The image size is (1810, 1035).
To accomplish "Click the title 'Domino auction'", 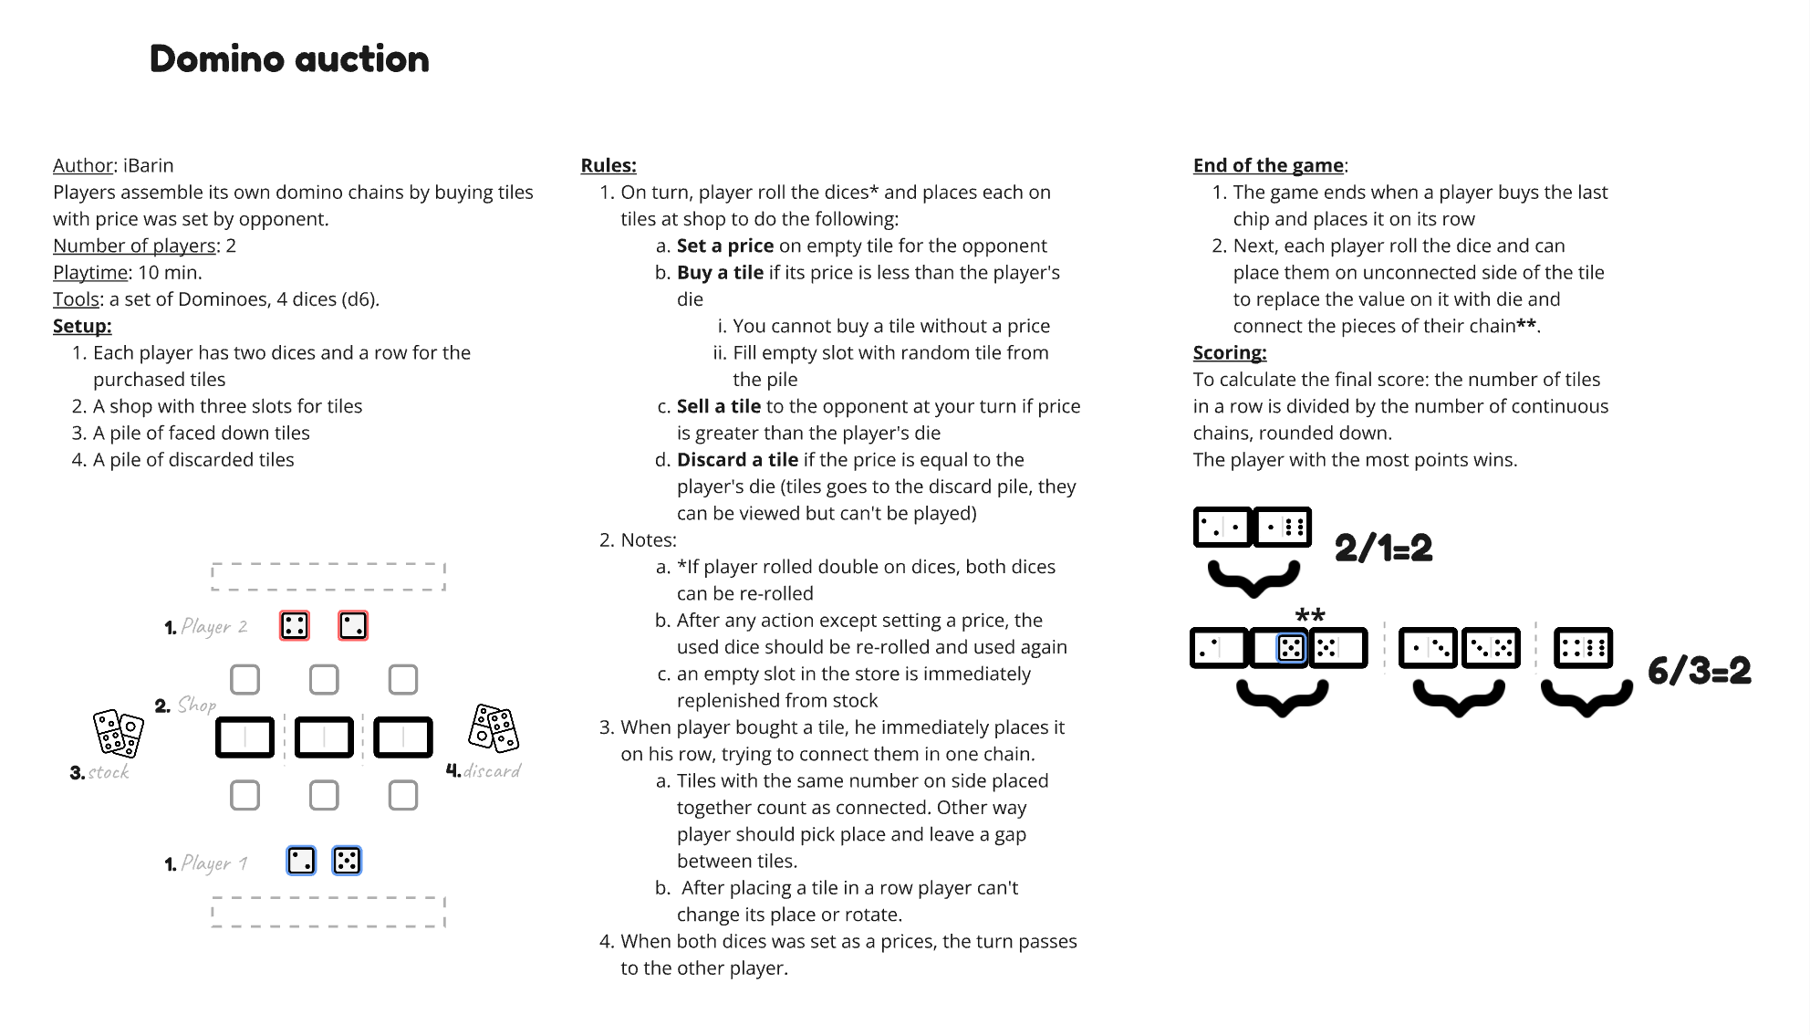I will click(x=289, y=59).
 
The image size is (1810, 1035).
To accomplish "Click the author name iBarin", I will click(x=148, y=165).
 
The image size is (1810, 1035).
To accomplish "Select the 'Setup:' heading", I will click(x=82, y=326).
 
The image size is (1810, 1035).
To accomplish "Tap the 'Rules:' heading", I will click(x=609, y=165).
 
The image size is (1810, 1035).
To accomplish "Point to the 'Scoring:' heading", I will click(x=1229, y=352).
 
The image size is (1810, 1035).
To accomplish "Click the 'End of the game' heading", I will click(x=1268, y=165).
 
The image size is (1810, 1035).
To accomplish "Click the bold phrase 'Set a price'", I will click(x=724, y=246).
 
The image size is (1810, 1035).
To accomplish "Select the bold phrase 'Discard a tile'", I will click(x=736, y=460).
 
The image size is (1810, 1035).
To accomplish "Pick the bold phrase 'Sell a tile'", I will click(x=718, y=406).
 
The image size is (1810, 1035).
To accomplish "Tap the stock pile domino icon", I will click(x=119, y=734).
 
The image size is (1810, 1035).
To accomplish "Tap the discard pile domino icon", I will click(x=494, y=728).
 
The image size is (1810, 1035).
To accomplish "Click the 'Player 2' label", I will click(x=214, y=626).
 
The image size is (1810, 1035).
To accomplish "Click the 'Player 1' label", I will click(x=214, y=862).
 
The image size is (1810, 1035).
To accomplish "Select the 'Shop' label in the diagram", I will click(x=196, y=705).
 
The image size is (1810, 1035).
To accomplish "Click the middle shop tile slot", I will click(x=324, y=737).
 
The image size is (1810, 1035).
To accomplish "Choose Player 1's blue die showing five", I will click(x=347, y=861).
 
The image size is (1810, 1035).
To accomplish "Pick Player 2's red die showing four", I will click(x=295, y=625).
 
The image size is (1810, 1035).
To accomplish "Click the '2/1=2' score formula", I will click(x=1383, y=549).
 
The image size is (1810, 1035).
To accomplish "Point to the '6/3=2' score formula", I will click(x=1699, y=671).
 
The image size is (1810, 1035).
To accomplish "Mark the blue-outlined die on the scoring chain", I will click(x=1291, y=648).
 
